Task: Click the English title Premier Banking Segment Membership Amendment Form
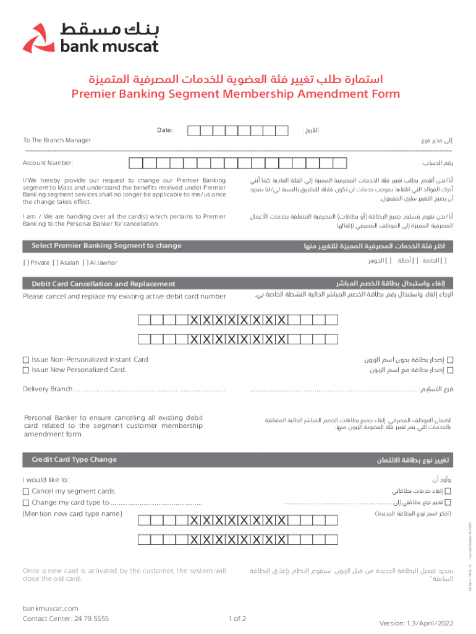tap(236, 94)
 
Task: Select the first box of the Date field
tap(193, 131)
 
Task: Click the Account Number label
tap(48, 163)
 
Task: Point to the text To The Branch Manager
tap(57, 141)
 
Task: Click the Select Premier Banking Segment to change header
tap(106, 246)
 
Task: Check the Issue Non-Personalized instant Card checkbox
tap(26, 360)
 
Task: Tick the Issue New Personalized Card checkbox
tap(26, 370)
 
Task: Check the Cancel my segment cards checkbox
tap(26, 491)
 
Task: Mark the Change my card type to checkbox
tap(26, 502)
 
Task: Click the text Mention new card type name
tap(72, 514)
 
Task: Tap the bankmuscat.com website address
tap(50, 608)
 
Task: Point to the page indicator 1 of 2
tap(237, 618)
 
